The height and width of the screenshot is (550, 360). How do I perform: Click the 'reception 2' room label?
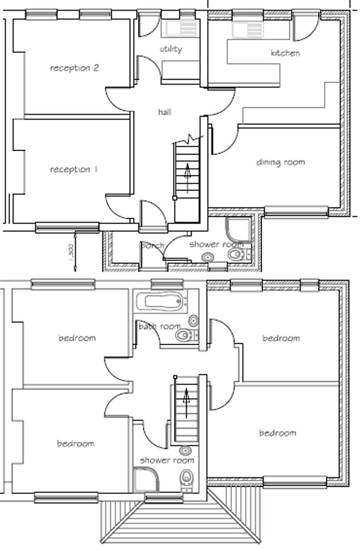(74, 68)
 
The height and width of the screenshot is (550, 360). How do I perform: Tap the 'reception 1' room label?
(74, 169)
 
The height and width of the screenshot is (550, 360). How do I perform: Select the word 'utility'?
(171, 49)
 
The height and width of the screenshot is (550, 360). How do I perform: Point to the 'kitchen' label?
(285, 53)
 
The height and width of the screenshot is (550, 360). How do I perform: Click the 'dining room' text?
(281, 162)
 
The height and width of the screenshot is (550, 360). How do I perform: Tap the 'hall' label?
(164, 112)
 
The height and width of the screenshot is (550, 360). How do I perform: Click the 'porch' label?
(152, 245)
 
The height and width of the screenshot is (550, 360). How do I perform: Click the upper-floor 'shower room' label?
(167, 460)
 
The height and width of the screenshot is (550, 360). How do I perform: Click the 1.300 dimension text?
(71, 250)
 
